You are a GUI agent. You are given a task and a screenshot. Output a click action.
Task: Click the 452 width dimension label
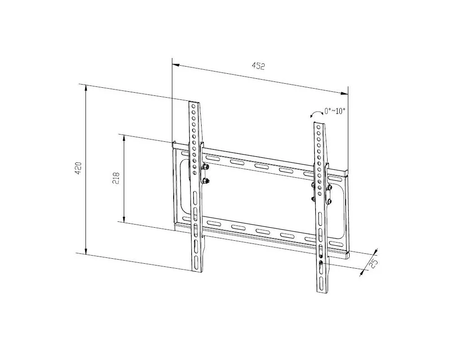tap(258, 66)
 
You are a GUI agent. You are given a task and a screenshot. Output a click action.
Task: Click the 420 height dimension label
tap(78, 168)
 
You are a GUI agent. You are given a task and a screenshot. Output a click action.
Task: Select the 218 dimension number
tap(116, 178)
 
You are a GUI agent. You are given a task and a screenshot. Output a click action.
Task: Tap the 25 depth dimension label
tap(373, 264)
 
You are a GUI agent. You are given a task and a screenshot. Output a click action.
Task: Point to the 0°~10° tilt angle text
tap(335, 111)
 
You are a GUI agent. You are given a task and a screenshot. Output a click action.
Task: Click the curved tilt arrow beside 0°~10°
tap(316, 114)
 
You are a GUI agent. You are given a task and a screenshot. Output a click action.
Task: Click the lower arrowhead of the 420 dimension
tap(85, 251)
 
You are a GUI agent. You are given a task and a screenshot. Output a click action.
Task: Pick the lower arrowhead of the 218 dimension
tap(124, 219)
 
